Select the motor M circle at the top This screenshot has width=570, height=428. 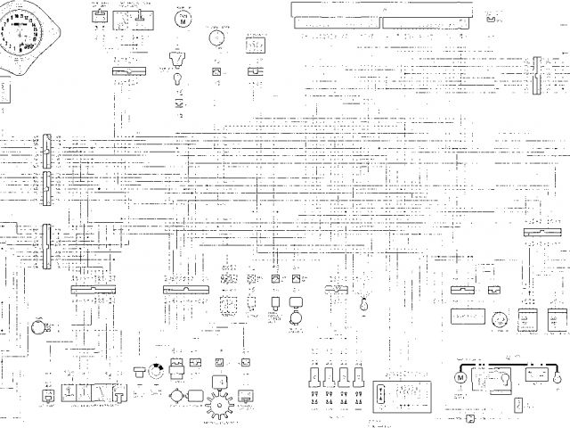(183, 21)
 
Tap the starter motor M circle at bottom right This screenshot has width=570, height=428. (460, 377)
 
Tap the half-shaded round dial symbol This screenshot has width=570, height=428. (156, 372)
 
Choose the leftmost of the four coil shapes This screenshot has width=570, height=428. (313, 375)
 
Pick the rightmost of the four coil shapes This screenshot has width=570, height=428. (358, 375)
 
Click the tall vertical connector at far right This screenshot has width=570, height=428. (536, 77)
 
